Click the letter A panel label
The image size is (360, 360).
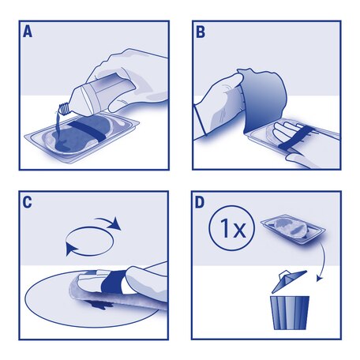pyautogui.click(x=29, y=33)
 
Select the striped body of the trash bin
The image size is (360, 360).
pyautogui.click(x=290, y=311)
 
